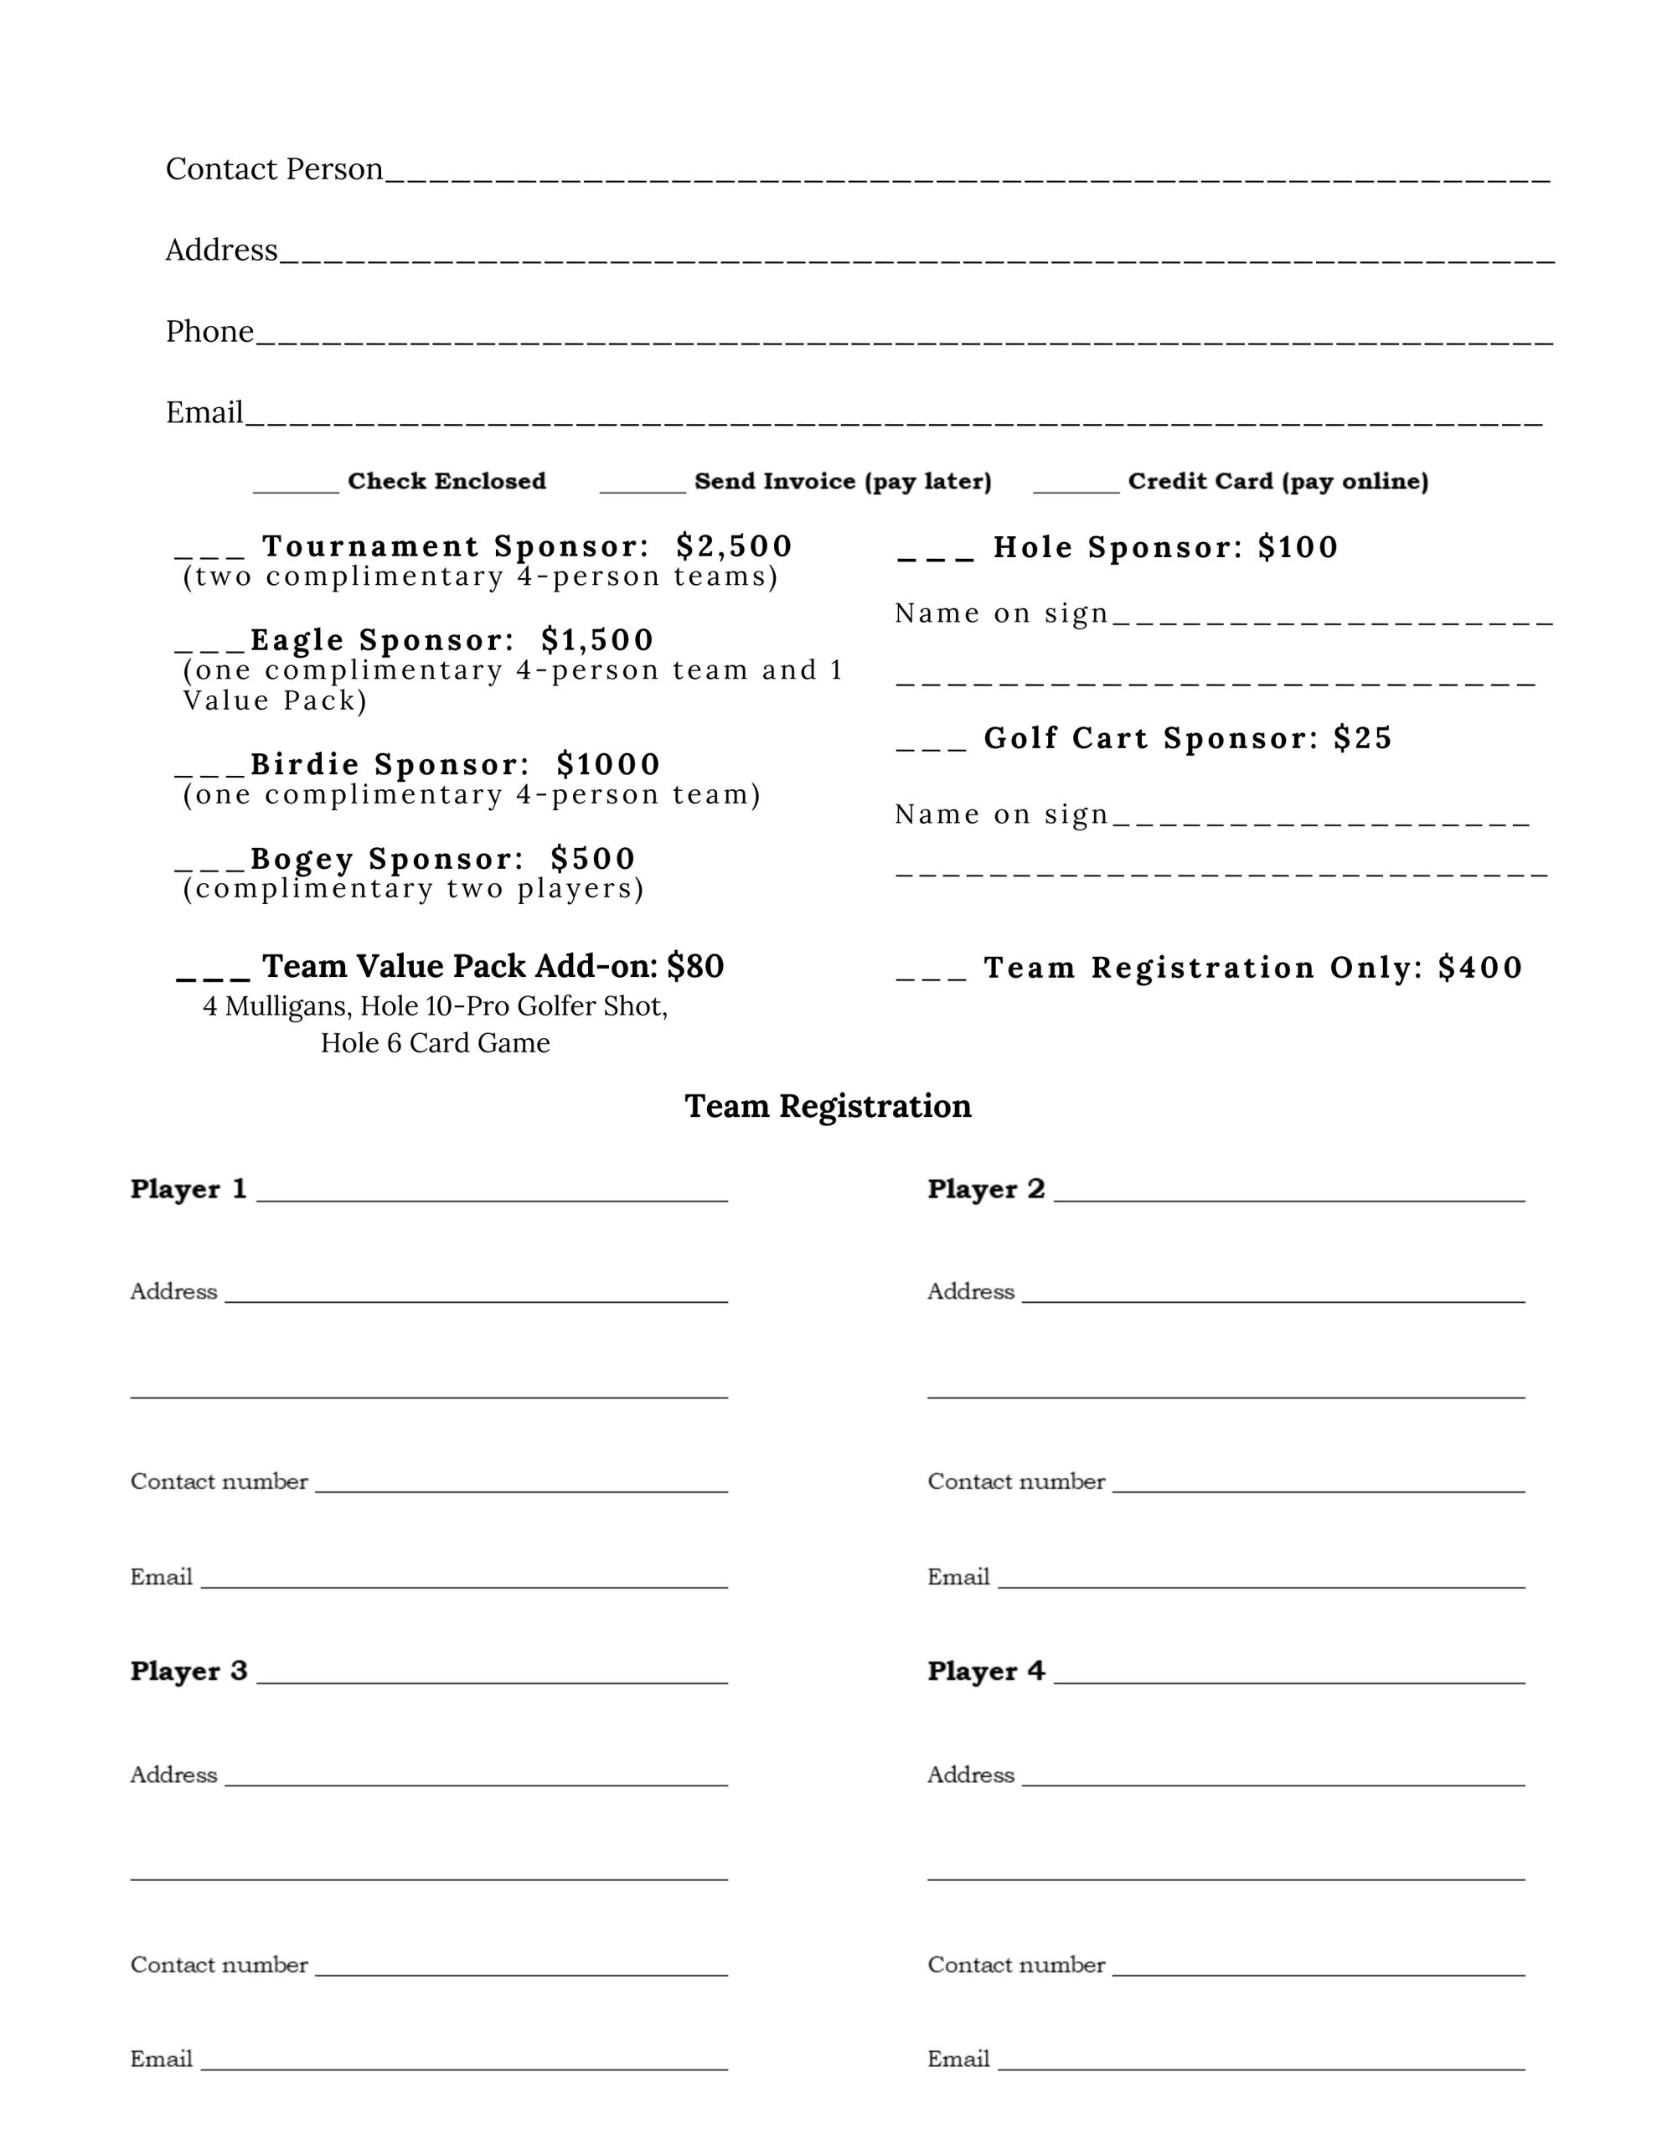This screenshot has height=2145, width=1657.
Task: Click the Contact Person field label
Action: pos(274,169)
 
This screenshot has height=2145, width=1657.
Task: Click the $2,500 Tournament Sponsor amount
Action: pos(734,546)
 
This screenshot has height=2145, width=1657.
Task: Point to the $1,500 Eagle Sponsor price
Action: pos(597,640)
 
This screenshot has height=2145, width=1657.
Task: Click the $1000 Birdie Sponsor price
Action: pos(608,764)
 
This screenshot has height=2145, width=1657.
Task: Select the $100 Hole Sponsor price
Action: pos(1298,547)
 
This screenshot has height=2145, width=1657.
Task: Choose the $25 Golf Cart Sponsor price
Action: pos(1363,737)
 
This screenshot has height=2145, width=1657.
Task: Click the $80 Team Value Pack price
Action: pos(695,966)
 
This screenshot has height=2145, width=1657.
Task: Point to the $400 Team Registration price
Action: pos(1480,968)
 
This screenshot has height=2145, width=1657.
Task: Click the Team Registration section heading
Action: pos(828,1106)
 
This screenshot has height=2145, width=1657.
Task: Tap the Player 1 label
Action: pos(188,1189)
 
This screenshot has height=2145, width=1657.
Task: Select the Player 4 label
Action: pos(986,1672)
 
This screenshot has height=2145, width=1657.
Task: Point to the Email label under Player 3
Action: pos(161,2060)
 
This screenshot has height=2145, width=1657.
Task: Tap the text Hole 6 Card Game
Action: pos(435,1043)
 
